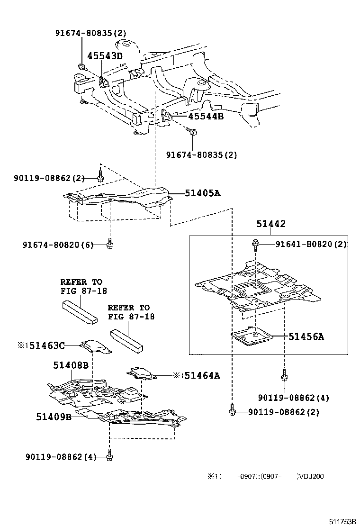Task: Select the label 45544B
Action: (199, 116)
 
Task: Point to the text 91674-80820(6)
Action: (58, 245)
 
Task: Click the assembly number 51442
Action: (271, 224)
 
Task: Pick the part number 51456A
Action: (306, 336)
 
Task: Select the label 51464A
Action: (202, 375)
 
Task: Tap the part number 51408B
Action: (71, 365)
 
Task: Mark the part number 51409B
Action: (54, 417)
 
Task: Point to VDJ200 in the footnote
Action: (311, 476)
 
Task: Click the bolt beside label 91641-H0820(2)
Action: (255, 244)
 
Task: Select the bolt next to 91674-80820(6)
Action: (110, 244)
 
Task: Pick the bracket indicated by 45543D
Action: (103, 82)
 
